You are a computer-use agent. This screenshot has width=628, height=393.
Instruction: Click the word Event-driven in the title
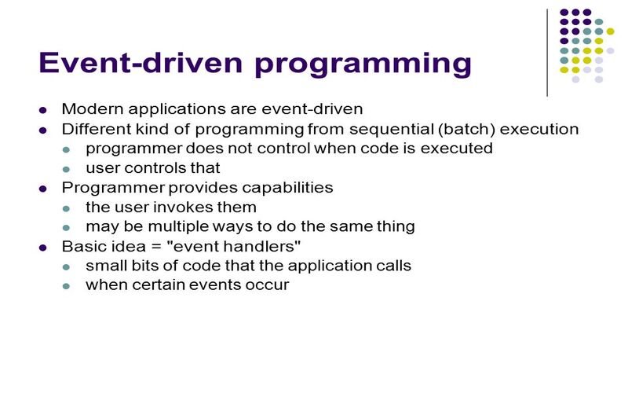pyautogui.click(x=141, y=62)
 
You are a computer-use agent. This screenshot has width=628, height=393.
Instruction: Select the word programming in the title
pyautogui.click(x=363, y=64)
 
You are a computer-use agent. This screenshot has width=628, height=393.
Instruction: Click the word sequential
pyautogui.click(x=391, y=130)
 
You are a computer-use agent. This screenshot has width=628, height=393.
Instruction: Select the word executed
pyautogui.click(x=457, y=149)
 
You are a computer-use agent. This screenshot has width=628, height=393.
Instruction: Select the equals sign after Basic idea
pyautogui.click(x=156, y=246)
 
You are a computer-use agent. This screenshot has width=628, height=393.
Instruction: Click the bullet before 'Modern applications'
pyautogui.click(x=43, y=110)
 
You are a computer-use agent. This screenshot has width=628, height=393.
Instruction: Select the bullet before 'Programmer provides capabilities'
pyautogui.click(x=43, y=189)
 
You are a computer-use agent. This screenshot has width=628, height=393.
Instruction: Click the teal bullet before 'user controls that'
pyautogui.click(x=66, y=169)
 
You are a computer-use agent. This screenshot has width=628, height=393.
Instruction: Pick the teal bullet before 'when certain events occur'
pyautogui.click(x=66, y=286)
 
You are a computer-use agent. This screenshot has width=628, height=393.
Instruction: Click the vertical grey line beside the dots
pyautogui.click(x=547, y=53)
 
